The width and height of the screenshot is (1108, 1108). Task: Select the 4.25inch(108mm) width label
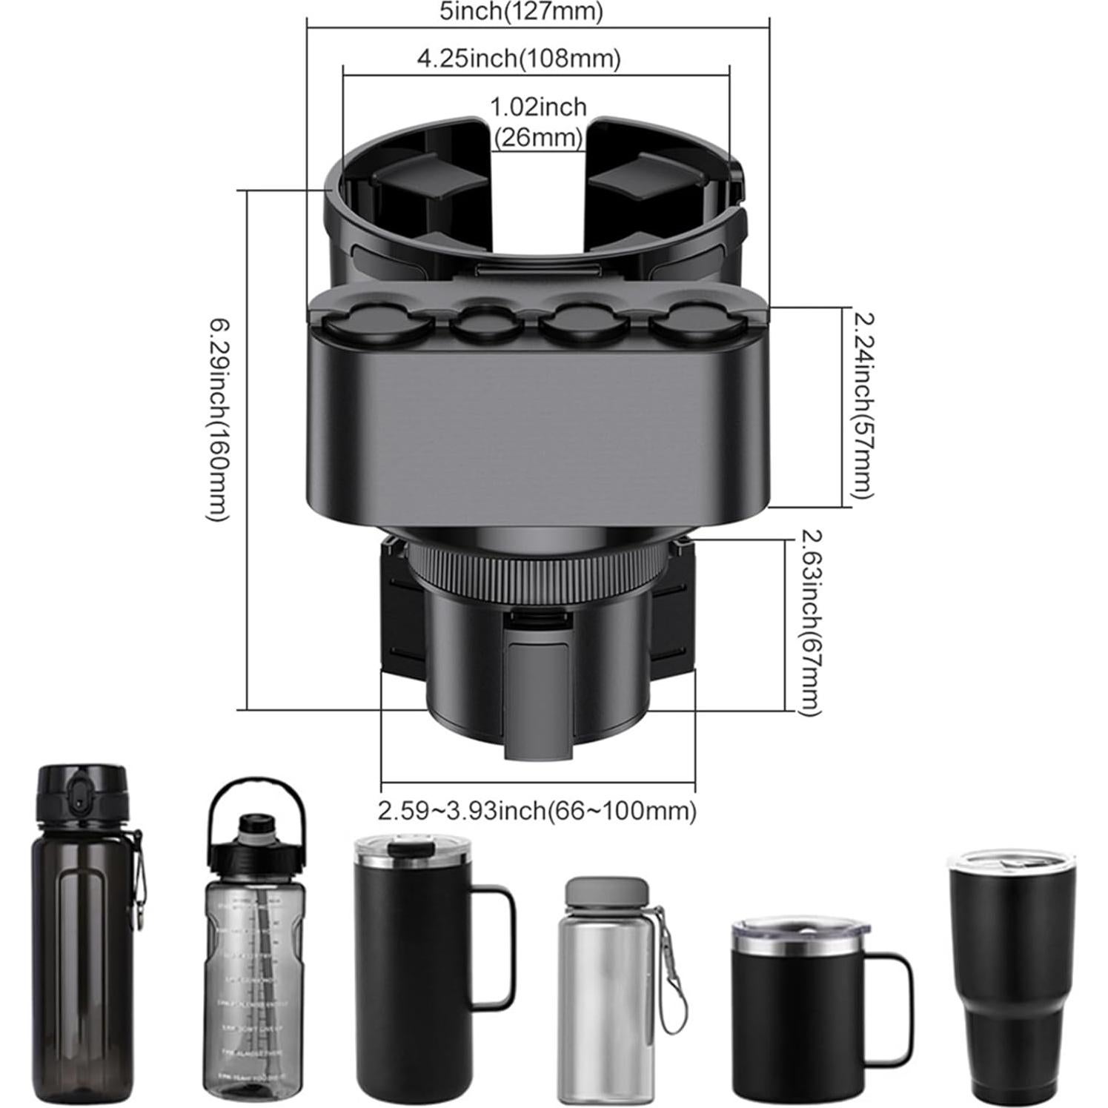[518, 58]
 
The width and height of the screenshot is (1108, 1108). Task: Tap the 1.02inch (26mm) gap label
[538, 121]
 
